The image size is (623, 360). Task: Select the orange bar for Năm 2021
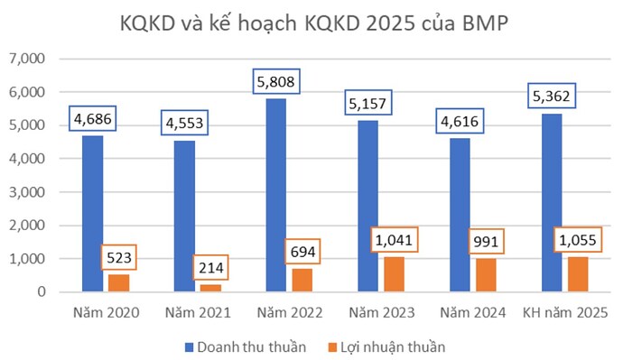tap(211, 288)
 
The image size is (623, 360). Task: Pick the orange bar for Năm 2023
tap(395, 274)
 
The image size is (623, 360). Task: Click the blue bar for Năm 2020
tap(93, 213)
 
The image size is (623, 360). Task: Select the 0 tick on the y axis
tap(42, 292)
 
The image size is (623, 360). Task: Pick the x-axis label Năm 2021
tap(197, 312)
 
